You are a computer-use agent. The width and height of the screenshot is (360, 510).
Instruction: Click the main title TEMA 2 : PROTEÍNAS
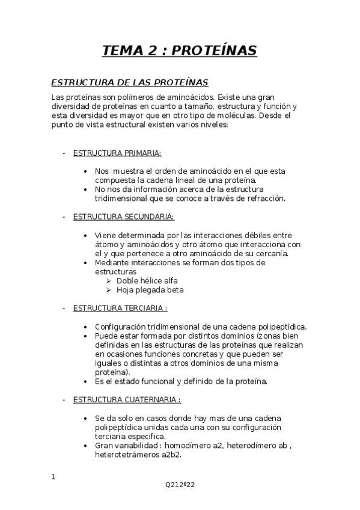[x=180, y=51]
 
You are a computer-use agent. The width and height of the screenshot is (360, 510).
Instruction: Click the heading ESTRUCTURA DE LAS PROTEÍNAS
[x=129, y=82]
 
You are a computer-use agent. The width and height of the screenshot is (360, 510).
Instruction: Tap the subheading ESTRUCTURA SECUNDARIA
[x=123, y=216]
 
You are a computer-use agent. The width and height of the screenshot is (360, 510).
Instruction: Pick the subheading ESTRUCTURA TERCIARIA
[x=120, y=308]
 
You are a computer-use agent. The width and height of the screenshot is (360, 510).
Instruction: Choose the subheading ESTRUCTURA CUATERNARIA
[x=127, y=399]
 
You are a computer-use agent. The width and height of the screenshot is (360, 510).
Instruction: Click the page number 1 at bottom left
[x=53, y=478]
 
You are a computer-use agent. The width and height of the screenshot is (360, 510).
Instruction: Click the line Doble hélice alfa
[x=147, y=280]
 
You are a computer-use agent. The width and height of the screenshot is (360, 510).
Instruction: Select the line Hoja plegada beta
[x=150, y=290]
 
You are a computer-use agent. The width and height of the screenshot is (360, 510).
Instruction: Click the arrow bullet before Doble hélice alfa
[x=109, y=281]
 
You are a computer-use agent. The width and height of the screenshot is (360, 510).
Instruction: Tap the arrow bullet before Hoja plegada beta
[x=109, y=290]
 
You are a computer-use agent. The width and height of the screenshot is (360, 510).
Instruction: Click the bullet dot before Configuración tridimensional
[x=88, y=327]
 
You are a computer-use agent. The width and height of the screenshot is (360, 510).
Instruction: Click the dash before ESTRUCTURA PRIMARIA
[x=64, y=153]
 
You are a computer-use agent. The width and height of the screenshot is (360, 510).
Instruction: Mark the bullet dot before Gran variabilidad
[x=88, y=446]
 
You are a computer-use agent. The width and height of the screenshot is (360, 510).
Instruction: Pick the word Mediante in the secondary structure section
[x=111, y=263]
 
